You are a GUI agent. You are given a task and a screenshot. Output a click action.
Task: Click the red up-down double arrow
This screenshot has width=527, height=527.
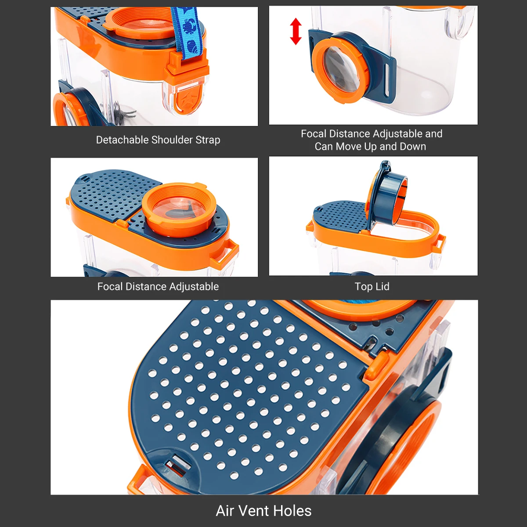[x=296, y=31]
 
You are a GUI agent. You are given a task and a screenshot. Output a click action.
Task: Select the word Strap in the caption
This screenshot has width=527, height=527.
[x=208, y=140]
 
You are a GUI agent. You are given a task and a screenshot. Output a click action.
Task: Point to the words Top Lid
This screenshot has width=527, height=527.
[x=372, y=287]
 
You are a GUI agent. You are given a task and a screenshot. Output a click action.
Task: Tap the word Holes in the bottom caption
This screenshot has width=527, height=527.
[x=292, y=511]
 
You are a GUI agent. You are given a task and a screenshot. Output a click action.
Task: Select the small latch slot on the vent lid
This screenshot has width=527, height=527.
[x=176, y=464]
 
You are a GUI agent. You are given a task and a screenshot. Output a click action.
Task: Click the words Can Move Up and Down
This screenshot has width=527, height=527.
[x=370, y=147]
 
